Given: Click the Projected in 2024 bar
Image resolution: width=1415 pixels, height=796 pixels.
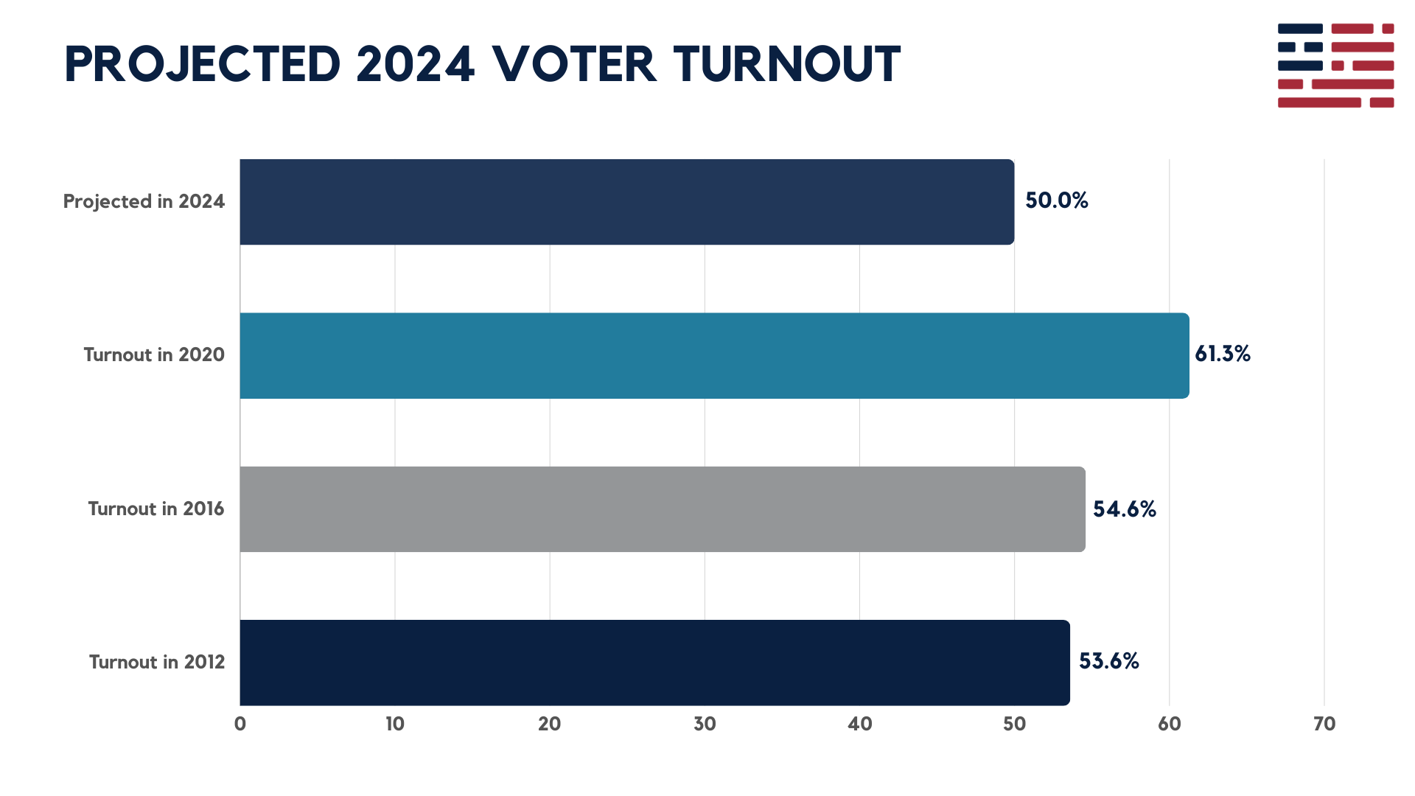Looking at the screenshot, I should (626, 202).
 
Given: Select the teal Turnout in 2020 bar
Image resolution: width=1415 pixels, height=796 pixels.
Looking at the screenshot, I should (713, 355).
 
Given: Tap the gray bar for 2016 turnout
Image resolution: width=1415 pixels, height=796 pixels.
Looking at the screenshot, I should (662, 509).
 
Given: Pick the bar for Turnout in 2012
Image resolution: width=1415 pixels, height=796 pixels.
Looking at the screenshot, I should (654, 663).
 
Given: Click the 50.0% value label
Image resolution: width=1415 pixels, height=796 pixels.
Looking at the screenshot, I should (1056, 201).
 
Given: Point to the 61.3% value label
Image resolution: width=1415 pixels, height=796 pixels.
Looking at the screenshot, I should (1222, 355).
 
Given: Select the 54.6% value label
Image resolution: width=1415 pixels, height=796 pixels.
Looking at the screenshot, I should (1124, 509).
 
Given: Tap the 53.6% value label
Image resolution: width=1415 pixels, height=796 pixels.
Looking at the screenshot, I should (1108, 661).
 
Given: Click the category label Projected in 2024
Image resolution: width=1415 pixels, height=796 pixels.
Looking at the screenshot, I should (144, 202).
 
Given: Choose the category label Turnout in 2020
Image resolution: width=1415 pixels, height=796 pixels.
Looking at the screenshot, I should (153, 355).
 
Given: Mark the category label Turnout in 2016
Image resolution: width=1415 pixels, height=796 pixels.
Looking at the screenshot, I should (156, 509).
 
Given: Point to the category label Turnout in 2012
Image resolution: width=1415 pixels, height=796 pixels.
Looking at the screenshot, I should (156, 663).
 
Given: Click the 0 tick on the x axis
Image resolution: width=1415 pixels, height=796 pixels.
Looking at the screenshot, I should (240, 725).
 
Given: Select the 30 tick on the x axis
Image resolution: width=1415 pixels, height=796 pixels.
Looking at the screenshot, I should (705, 725).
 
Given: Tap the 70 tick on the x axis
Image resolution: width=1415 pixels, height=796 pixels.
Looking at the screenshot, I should (1324, 725).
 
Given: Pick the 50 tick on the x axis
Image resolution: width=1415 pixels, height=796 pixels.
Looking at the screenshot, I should (1014, 725).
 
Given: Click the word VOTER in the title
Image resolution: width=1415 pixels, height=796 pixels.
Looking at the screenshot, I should (574, 64).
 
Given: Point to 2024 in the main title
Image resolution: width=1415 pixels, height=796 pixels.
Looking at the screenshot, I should (416, 64).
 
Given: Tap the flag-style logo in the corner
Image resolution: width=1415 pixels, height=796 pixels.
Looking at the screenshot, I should (1335, 66).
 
